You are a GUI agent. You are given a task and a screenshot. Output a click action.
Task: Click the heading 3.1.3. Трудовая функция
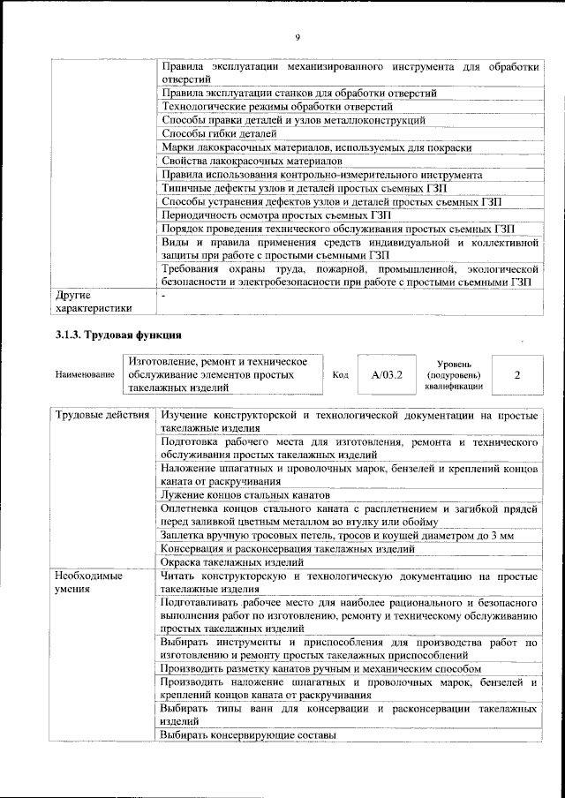[118, 335]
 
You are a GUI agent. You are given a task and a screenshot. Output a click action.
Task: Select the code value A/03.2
[388, 374]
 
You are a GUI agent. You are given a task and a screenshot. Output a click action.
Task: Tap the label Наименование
[86, 375]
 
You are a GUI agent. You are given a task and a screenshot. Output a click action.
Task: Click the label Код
[341, 375]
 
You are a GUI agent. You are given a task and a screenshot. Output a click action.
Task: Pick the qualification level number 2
[516, 374]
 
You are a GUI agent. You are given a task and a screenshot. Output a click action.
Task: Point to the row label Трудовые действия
[102, 415]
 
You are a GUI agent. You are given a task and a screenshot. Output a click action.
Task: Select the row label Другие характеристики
[94, 301]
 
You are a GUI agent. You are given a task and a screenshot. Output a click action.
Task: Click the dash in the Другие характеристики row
[165, 295]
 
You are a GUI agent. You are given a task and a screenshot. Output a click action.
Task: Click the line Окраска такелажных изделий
[232, 561]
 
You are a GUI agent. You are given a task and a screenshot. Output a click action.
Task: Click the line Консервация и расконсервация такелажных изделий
[287, 548]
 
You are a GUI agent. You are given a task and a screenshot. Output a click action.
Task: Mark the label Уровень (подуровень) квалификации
[453, 374]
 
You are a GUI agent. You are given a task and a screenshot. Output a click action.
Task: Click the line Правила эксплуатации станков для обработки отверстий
[299, 93]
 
